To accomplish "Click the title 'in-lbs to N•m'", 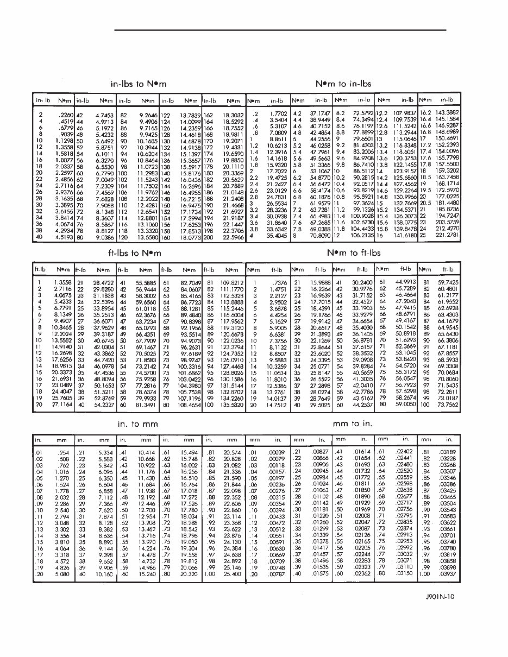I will tap(138, 84).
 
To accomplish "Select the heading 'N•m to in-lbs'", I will tap(343, 84).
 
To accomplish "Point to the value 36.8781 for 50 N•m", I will tap(362, 340).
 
